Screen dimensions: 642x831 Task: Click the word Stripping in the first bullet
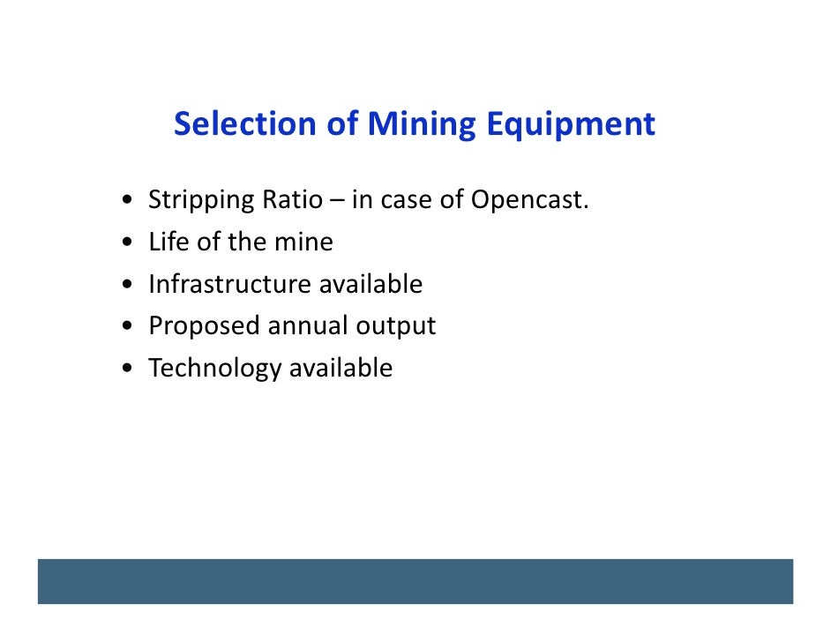(x=200, y=201)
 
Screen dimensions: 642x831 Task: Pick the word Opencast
(x=528, y=201)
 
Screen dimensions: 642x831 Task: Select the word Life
(x=168, y=242)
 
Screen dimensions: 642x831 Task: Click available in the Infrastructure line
(x=371, y=284)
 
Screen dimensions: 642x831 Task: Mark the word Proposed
(x=204, y=326)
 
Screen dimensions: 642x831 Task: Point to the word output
(x=396, y=327)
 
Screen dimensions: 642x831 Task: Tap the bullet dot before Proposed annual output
(x=130, y=327)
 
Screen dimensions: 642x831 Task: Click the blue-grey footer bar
(x=415, y=581)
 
